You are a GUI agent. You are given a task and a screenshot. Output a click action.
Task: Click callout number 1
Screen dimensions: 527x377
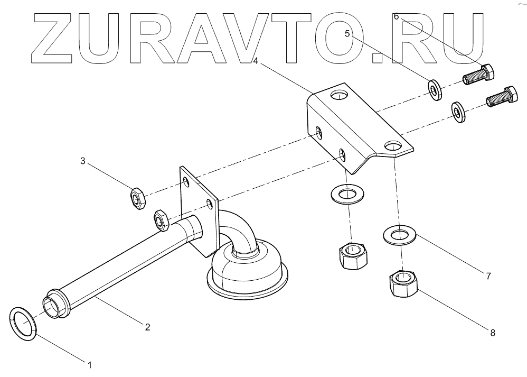[90, 364]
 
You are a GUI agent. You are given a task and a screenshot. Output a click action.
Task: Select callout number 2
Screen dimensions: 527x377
[148, 327]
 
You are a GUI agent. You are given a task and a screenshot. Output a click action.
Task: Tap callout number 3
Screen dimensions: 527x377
[82, 161]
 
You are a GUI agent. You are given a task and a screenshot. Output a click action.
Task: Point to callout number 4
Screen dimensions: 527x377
[255, 61]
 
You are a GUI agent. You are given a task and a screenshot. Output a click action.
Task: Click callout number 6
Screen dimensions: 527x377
[396, 16]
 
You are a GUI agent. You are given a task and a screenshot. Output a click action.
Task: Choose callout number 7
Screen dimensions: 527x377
[488, 275]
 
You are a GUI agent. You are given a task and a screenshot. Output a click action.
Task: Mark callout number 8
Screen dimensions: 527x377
[493, 333]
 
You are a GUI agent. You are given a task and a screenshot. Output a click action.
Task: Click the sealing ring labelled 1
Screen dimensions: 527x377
[23, 324]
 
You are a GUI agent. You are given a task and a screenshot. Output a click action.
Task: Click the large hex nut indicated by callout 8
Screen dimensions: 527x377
[403, 283]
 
